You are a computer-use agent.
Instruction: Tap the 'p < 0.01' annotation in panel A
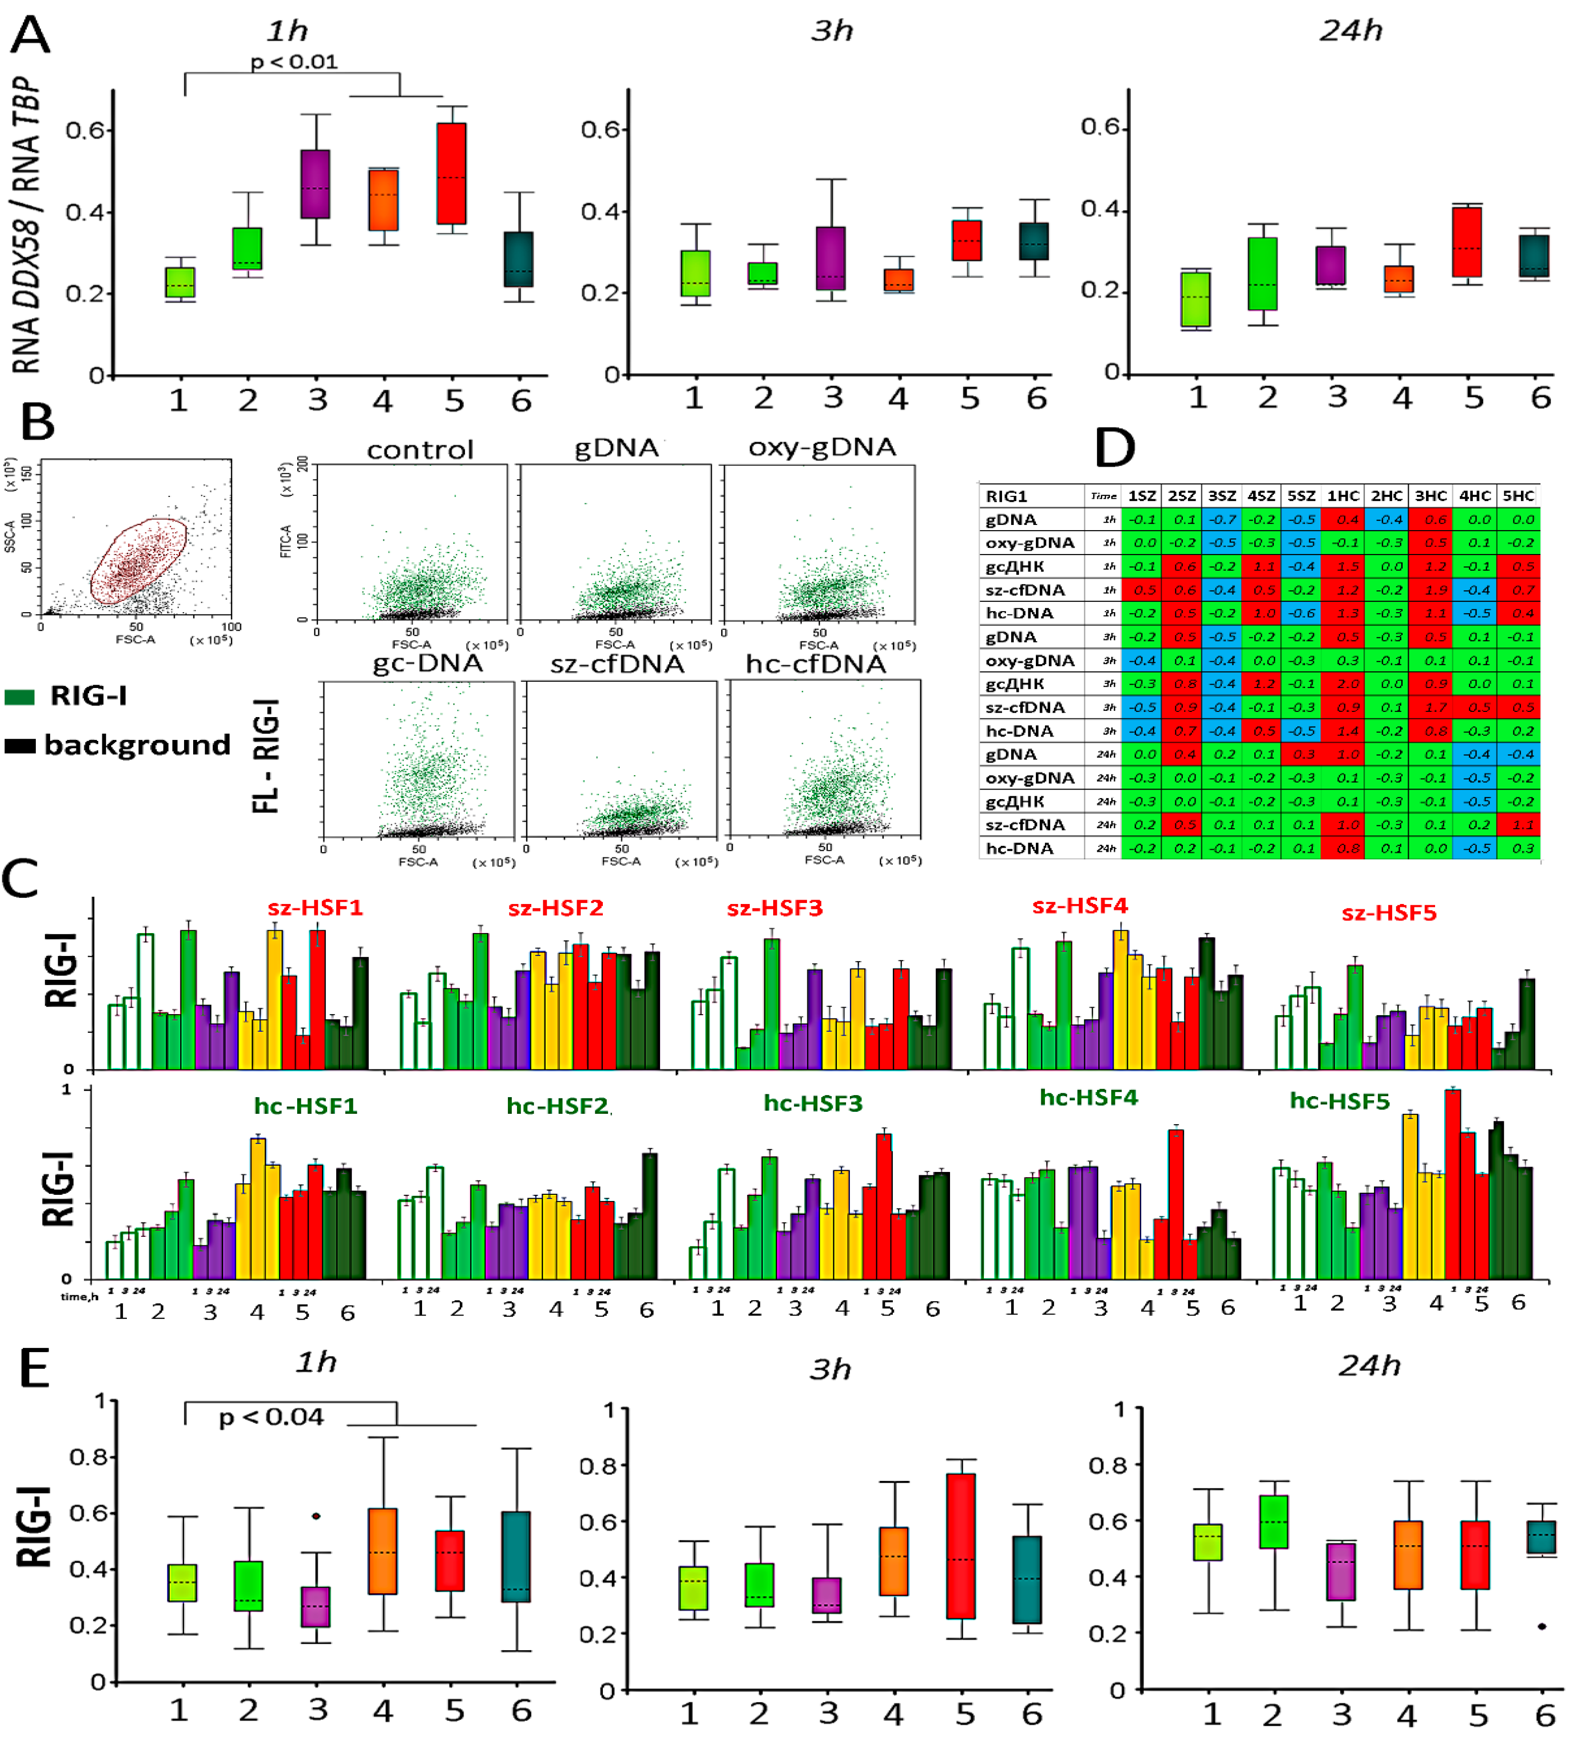click(x=293, y=62)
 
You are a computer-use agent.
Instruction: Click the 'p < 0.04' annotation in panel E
click(x=270, y=1417)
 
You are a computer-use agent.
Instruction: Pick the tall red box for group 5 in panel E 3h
click(x=961, y=1545)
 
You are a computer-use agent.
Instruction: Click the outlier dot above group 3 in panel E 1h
click(x=316, y=1516)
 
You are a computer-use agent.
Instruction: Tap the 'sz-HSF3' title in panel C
click(x=774, y=908)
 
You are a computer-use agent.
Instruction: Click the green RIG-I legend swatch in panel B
click(x=19, y=697)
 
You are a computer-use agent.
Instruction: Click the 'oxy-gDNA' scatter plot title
click(x=822, y=447)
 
